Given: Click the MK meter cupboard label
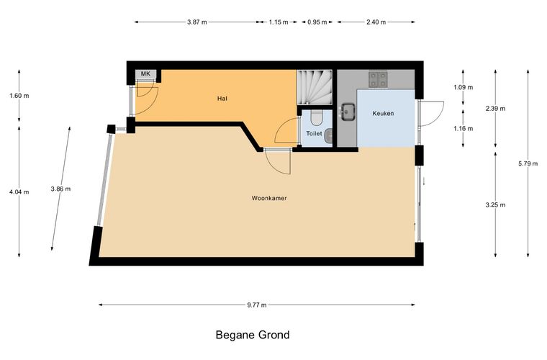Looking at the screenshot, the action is (x=145, y=73).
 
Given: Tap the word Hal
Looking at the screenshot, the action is (x=222, y=99).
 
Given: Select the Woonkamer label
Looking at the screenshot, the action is (x=269, y=198).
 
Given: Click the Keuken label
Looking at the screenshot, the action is (x=383, y=113).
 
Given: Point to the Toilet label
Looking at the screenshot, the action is (x=314, y=134).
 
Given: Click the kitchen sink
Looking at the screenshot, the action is (x=348, y=112).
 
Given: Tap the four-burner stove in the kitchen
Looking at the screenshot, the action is (x=378, y=79).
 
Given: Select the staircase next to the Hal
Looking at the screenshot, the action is (x=315, y=87).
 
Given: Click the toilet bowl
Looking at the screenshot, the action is (x=317, y=118).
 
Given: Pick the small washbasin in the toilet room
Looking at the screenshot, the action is (x=329, y=136).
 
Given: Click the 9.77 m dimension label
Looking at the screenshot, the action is (x=257, y=305).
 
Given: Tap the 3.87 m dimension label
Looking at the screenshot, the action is (x=197, y=22).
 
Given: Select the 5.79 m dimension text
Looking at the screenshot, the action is (x=528, y=163).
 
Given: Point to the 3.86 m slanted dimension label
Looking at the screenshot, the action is (x=60, y=189).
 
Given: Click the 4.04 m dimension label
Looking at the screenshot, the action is (x=19, y=192).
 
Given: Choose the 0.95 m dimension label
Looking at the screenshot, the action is (x=317, y=22).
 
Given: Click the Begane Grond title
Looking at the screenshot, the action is (x=253, y=335).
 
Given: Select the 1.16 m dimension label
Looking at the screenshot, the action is (x=464, y=129).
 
